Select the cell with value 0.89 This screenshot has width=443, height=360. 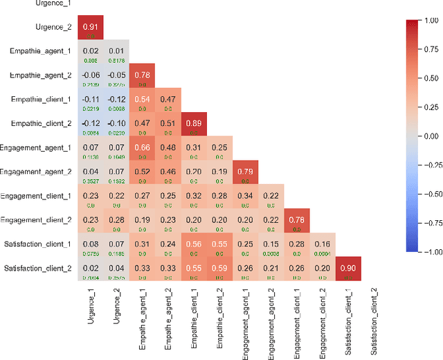194,125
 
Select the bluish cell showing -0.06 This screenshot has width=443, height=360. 90,76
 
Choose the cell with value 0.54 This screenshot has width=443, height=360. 142,100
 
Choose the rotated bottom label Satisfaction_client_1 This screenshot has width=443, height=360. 348,319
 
